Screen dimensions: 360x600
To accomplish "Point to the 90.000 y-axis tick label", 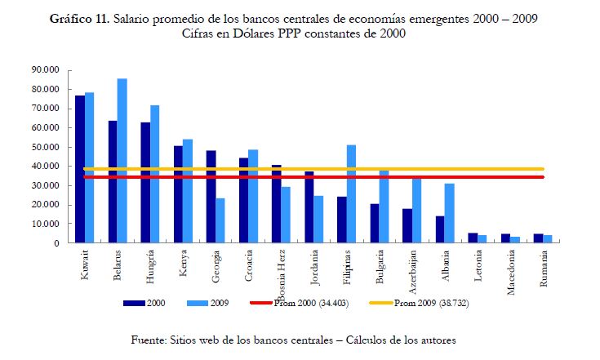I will (46, 70).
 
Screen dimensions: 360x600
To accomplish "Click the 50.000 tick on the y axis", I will (46, 147).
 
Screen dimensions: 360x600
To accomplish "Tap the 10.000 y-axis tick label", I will (46, 224).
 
